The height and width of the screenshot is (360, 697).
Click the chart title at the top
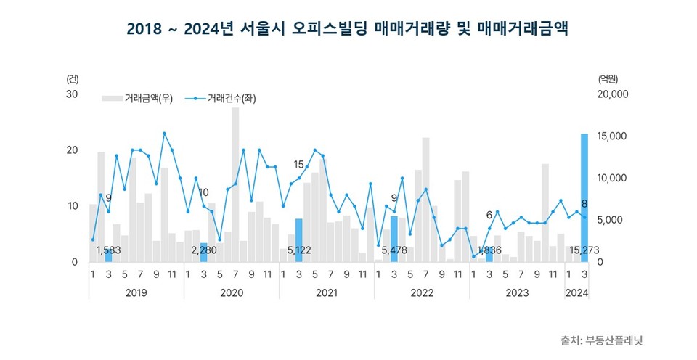click(348, 29)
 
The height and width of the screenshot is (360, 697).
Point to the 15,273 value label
click(584, 250)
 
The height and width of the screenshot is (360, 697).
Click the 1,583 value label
click(109, 250)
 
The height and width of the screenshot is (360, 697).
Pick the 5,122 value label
click(299, 250)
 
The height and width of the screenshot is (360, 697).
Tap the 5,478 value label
click(394, 250)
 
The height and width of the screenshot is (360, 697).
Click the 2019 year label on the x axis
click(136, 292)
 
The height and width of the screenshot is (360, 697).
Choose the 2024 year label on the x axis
click(576, 292)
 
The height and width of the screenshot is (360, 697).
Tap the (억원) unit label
click(607, 78)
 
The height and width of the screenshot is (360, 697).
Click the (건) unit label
click(72, 78)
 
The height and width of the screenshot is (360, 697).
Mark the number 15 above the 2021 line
click(298, 165)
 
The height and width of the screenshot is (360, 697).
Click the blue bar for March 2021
click(298, 240)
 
